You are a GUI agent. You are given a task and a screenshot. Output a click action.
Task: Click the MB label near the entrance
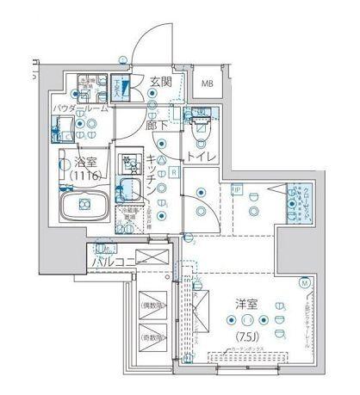(x=208, y=83)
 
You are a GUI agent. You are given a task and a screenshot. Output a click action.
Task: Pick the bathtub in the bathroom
(x=83, y=204)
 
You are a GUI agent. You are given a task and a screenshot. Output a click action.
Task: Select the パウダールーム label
(x=79, y=108)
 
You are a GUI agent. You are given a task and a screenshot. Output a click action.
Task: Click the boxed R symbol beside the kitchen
(x=175, y=172)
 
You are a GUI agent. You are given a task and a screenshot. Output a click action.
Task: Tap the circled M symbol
(x=304, y=281)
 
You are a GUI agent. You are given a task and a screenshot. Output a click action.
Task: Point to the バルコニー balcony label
(x=106, y=258)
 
